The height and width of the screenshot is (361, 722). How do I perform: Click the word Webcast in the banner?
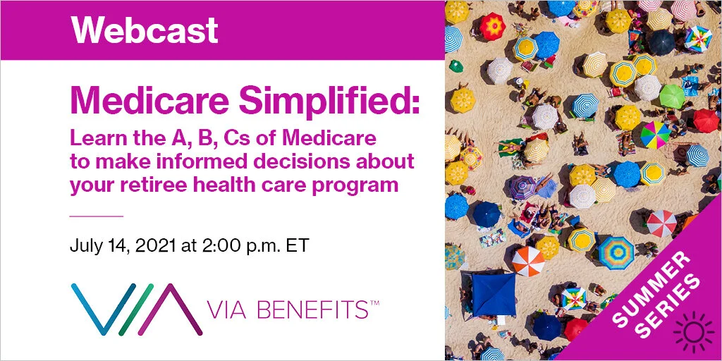pyautogui.click(x=145, y=30)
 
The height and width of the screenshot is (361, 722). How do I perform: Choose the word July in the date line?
pyautogui.click(x=85, y=246)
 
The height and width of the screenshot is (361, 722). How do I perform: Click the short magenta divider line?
pyautogui.click(x=97, y=215)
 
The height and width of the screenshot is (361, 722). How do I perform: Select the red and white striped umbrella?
pyautogui.click(x=661, y=224)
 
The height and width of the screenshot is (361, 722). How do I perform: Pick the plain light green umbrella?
pyautogui.click(x=672, y=96)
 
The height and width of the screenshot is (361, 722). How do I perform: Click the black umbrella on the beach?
pyautogui.click(x=663, y=42)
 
